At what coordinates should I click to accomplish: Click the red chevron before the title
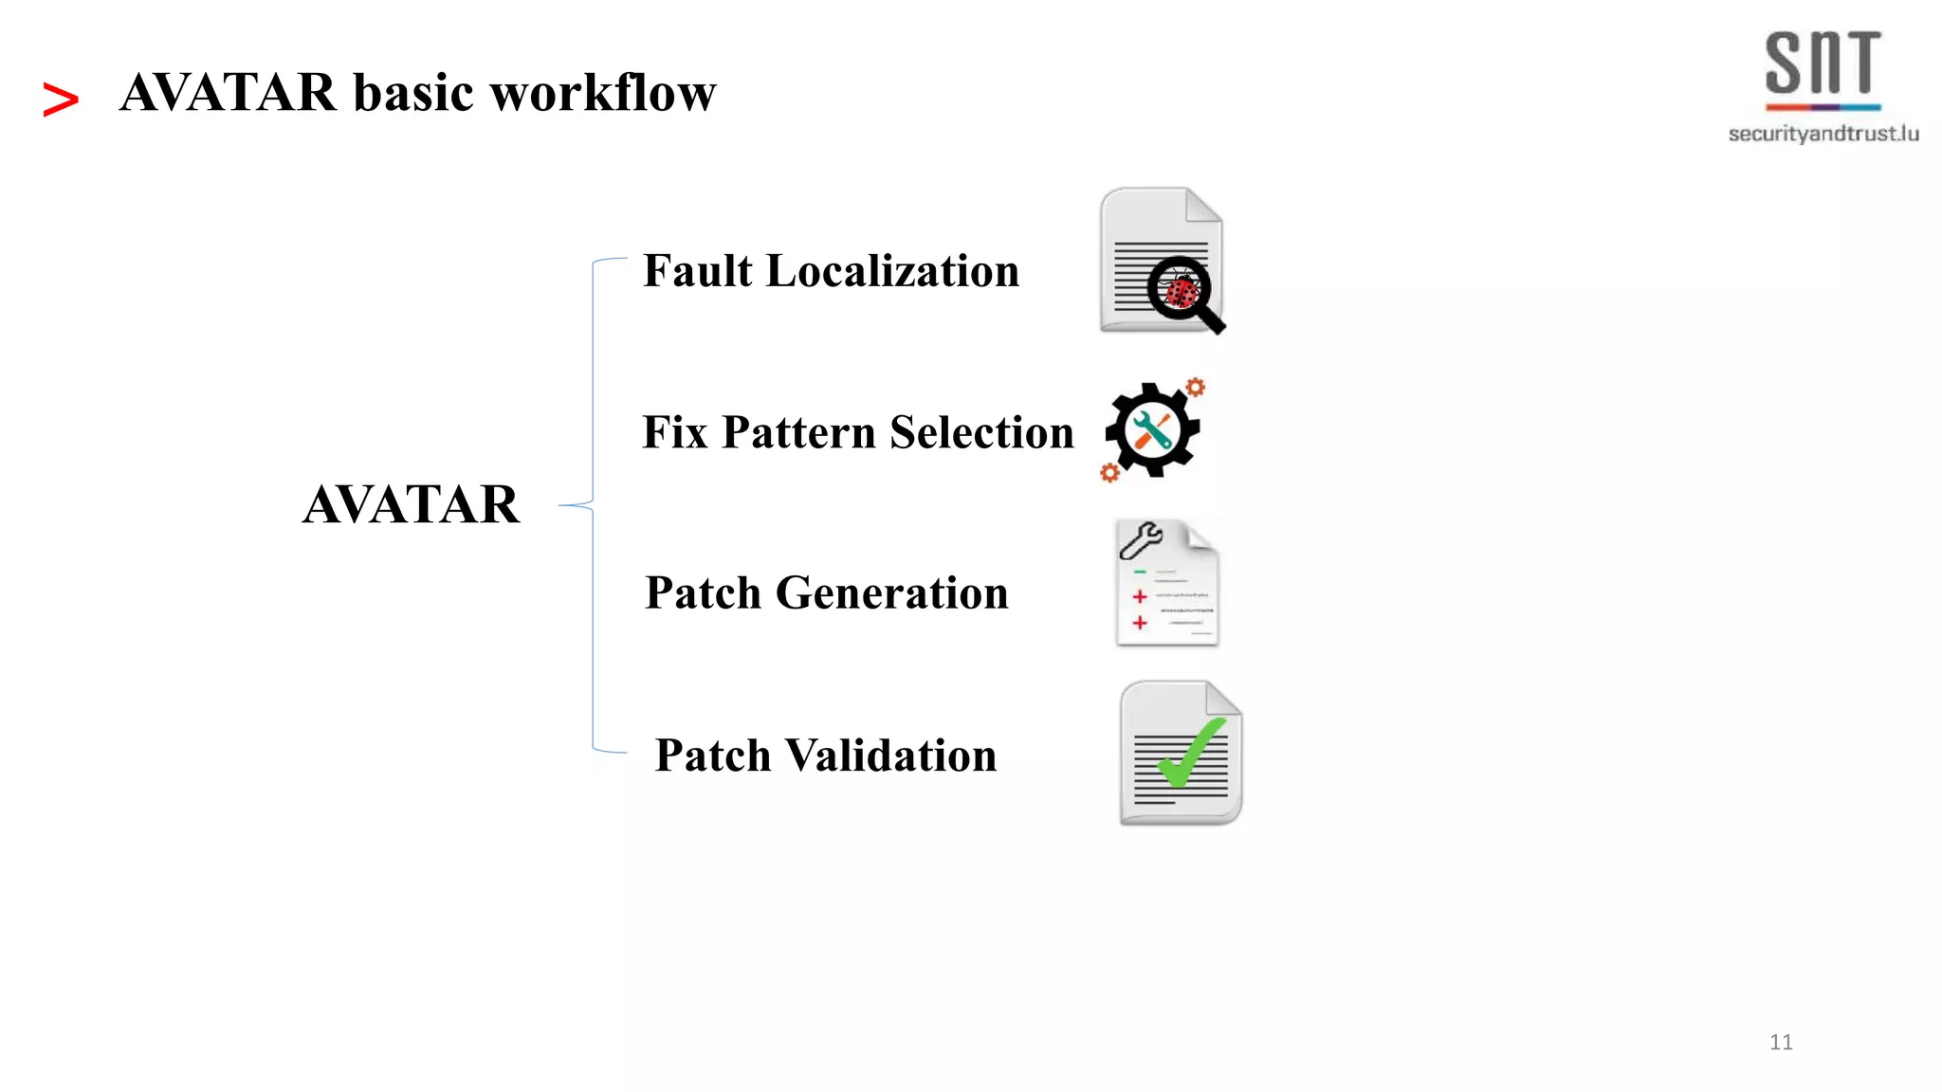coord(61,100)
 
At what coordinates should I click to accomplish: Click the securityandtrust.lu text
coord(1823,134)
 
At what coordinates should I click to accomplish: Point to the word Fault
coord(698,271)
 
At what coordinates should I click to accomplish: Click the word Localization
coord(892,271)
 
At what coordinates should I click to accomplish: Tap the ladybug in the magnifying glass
coord(1182,290)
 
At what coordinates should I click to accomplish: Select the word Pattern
coord(798,432)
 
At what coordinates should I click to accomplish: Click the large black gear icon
coord(1152,430)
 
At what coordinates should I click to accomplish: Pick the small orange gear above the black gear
coord(1196,387)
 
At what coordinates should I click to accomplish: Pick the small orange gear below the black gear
coord(1109,472)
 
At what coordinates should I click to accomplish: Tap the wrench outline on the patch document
coord(1140,541)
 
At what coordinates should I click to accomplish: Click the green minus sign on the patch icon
coord(1140,573)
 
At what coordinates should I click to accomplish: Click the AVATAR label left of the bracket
coord(411,504)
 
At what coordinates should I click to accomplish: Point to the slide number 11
coord(1781,1042)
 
